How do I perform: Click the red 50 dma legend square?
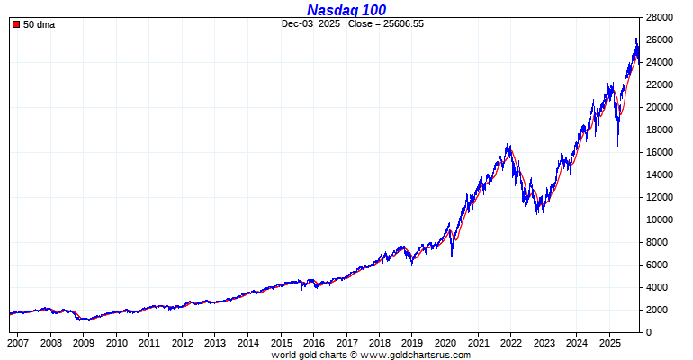coord(16,24)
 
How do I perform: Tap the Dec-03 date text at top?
coord(297,23)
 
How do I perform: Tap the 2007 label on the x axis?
coord(18,344)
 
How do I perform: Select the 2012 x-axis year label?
coord(182,344)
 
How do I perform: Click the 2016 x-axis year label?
coord(313,344)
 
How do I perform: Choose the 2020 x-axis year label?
coord(445,344)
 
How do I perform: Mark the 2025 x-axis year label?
coord(609,344)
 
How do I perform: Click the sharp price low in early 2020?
coord(452,255)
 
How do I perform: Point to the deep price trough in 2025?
coord(617,145)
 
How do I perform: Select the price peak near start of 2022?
coord(509,144)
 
